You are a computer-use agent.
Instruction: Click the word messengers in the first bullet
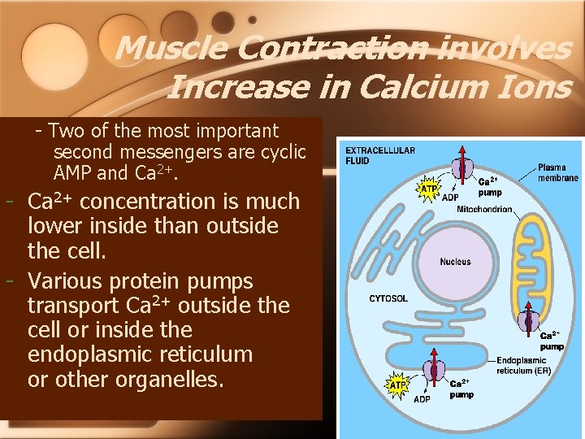point(158,152)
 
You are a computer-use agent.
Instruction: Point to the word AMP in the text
point(72,173)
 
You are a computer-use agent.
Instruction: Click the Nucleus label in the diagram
point(455,262)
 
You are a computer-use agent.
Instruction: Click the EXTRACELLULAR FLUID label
point(380,155)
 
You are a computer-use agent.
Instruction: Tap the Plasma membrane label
point(557,172)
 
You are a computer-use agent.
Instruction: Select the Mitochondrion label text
point(484,209)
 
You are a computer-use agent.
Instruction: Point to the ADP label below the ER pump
point(422,399)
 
